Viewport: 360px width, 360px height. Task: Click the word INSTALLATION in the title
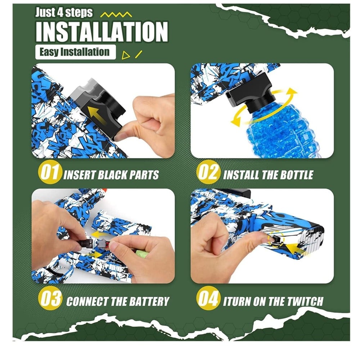point(102,32)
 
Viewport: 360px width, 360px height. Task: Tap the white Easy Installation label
point(76,52)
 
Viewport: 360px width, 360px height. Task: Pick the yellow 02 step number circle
point(208,173)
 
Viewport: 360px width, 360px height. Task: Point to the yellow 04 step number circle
point(208,298)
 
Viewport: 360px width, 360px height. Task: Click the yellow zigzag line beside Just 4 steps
point(116,15)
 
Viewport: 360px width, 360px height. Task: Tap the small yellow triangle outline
point(125,55)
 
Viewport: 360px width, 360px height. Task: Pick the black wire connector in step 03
point(86,243)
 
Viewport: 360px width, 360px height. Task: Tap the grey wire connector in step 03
point(102,243)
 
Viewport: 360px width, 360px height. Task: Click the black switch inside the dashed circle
point(276,239)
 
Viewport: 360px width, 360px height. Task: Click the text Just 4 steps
point(64,12)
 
